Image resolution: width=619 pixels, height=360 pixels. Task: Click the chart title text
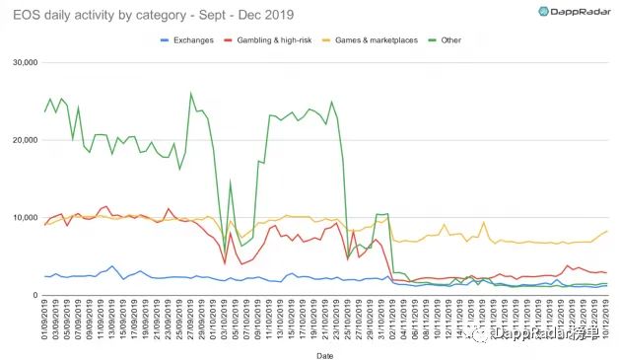pyautogui.click(x=158, y=13)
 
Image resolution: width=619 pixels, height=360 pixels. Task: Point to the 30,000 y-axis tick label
pyautogui.click(x=22, y=62)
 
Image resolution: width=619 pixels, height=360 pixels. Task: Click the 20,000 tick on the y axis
pyautogui.click(x=22, y=140)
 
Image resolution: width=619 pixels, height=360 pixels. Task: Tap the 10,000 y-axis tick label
pyautogui.click(x=22, y=217)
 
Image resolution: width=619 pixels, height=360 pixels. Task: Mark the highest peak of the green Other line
pyautogui.click(x=190, y=94)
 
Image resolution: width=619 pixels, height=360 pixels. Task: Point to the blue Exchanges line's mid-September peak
pyautogui.click(x=113, y=266)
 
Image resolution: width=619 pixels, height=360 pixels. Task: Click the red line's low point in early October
pyautogui.click(x=225, y=263)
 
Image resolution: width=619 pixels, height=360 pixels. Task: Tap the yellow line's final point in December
pyautogui.click(x=606, y=231)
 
